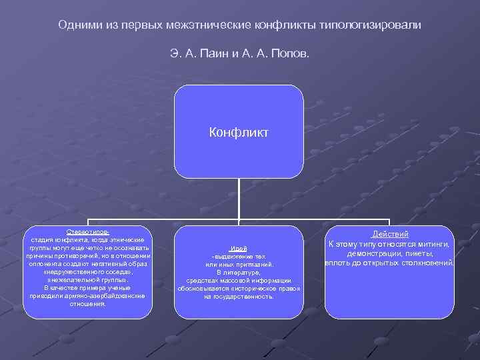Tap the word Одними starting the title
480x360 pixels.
[79, 24]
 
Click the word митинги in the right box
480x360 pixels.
[433, 244]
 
